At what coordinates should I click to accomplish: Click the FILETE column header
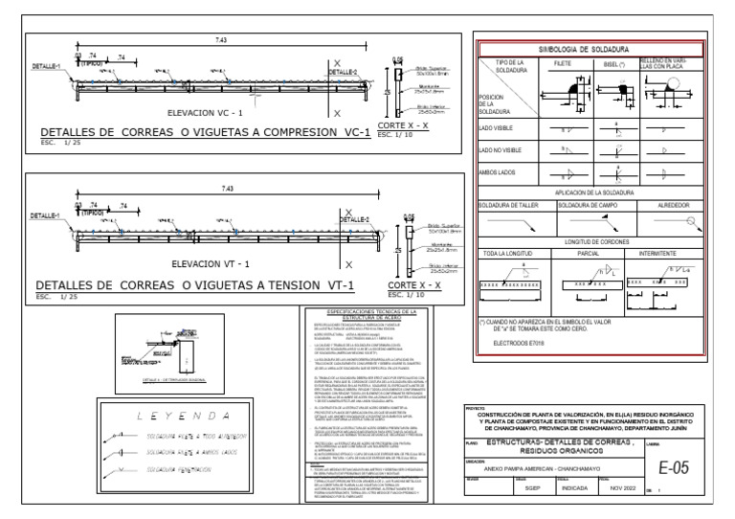pyautogui.click(x=562, y=62)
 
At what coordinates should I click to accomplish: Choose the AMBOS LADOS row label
pyautogui.click(x=498, y=173)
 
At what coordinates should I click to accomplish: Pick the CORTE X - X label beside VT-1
pyautogui.click(x=414, y=284)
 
